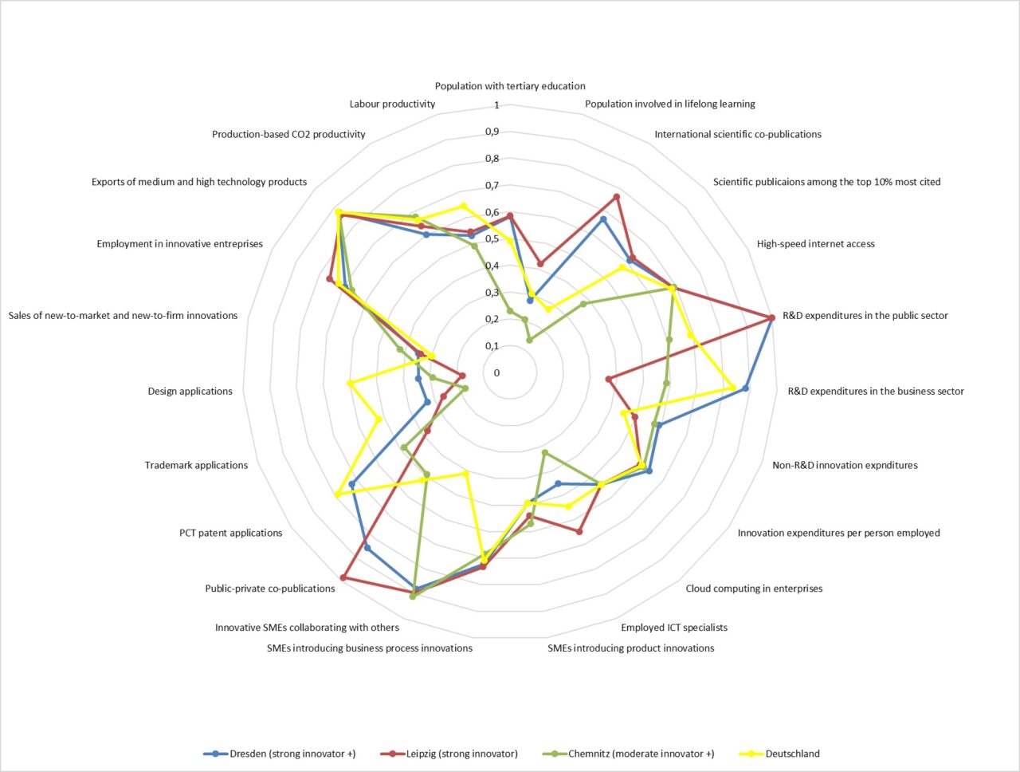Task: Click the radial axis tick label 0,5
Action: [x=492, y=239]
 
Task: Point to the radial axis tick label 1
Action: [x=496, y=105]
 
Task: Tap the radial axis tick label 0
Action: [x=496, y=372]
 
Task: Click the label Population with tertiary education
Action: [x=510, y=86]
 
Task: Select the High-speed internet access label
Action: [x=815, y=244]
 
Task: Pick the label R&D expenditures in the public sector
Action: [x=865, y=316]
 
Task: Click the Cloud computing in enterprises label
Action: [x=754, y=589]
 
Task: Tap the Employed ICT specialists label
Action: [x=674, y=628]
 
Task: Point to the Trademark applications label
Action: [x=196, y=465]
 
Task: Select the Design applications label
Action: [x=190, y=392]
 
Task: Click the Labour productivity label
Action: [x=392, y=104]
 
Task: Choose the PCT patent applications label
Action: [x=230, y=533]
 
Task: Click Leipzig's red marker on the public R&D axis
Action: [x=771, y=318]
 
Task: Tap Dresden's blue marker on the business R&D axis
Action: [x=746, y=388]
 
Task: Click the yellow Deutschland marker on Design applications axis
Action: [x=350, y=384]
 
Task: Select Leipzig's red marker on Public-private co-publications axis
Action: [x=343, y=577]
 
